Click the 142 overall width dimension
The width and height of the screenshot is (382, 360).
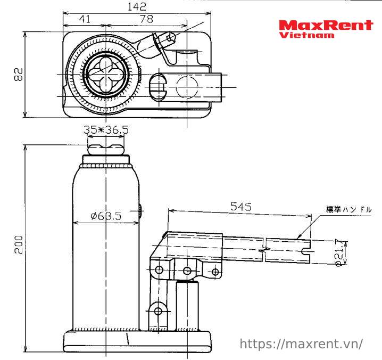pos(137,6)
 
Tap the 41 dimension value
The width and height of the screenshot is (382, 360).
pos(84,19)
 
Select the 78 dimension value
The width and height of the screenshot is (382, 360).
pos(146,19)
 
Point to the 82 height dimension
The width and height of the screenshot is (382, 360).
pos(18,75)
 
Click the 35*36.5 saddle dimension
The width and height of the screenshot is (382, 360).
pos(106,129)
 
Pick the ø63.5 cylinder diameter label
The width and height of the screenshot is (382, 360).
pos(106,216)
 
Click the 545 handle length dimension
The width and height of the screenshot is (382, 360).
pos(240,206)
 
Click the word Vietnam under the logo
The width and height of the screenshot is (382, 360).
pos(307,35)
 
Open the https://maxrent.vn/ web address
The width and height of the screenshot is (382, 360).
pos(302,343)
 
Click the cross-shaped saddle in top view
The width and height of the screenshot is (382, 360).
pos(106,75)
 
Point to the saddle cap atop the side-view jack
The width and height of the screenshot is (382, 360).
pos(106,146)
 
